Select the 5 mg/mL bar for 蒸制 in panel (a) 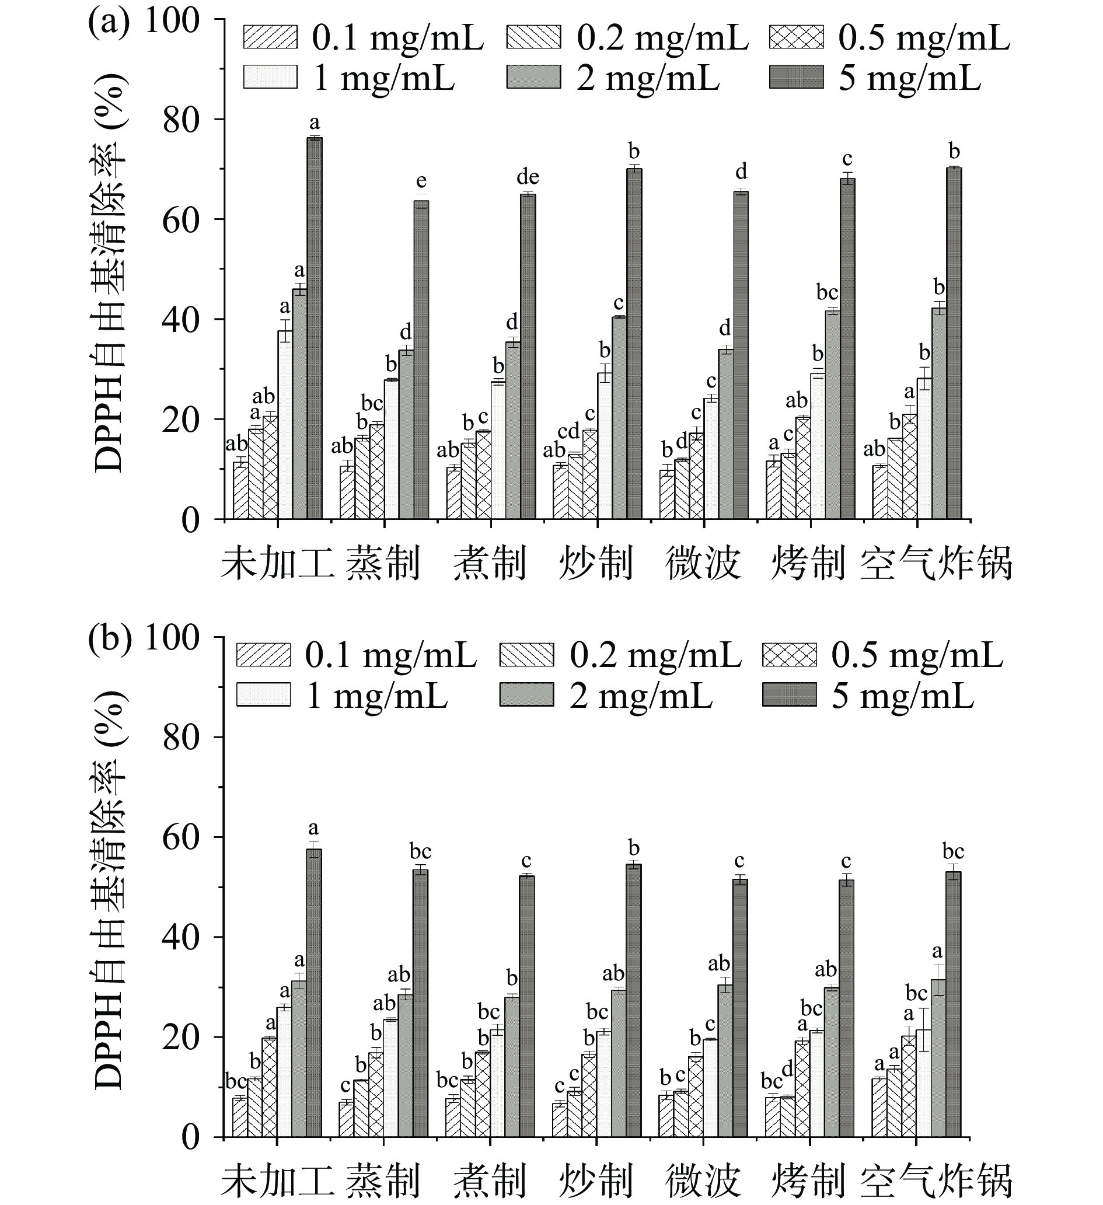pos(421,359)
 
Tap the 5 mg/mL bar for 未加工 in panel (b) pos(314,992)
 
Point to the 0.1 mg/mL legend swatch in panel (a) pos(270,37)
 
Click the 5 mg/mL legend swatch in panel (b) pos(789,695)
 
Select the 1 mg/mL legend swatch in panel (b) pos(263,695)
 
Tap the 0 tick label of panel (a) pos(190,520)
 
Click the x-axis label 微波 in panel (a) pos(703,564)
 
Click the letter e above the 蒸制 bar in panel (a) pos(421,180)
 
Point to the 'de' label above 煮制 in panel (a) pos(528,177)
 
